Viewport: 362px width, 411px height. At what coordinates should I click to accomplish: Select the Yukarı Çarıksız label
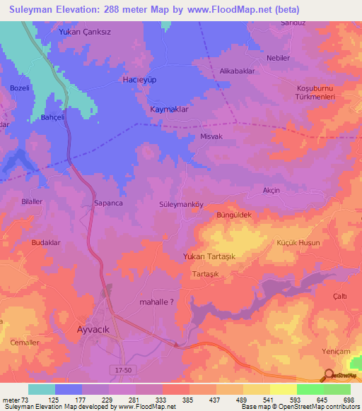click(85, 32)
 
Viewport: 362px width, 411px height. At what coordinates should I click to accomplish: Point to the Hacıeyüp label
click(139, 80)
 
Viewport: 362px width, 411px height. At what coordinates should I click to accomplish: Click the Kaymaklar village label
click(170, 111)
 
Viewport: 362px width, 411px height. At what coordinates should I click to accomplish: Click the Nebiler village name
click(278, 58)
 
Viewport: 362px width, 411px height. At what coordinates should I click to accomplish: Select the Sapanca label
click(109, 203)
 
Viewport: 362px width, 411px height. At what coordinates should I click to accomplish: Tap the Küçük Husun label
click(295, 242)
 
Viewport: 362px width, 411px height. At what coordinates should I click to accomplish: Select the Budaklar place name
click(47, 242)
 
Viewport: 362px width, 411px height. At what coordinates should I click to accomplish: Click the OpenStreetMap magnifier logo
click(328, 376)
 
